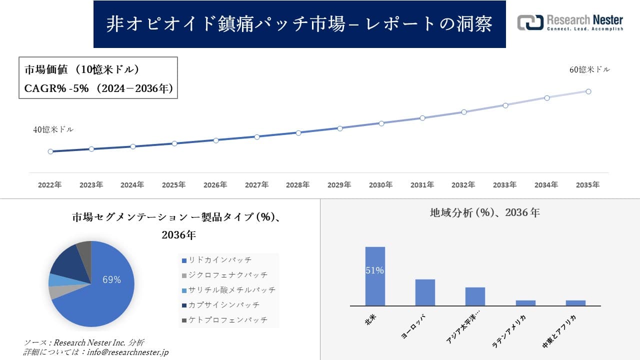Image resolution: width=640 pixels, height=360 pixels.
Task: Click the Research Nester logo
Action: tap(570, 22)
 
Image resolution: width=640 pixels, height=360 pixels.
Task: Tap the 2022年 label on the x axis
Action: tap(50, 185)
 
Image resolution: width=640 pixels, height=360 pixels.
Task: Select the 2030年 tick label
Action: tap(381, 185)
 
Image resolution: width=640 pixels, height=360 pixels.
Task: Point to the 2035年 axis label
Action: tap(587, 185)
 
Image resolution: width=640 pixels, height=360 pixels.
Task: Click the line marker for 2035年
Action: tap(588, 91)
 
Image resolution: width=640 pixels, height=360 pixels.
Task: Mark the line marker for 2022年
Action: tap(50, 151)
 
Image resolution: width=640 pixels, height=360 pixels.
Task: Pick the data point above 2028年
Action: tap(298, 133)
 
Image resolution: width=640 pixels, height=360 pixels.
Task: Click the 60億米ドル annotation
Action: tap(589, 70)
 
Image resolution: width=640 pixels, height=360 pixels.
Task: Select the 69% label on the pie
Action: tap(111, 280)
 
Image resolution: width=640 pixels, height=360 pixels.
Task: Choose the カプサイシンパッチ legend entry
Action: tap(224, 305)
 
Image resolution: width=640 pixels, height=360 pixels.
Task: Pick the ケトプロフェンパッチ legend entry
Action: tap(227, 320)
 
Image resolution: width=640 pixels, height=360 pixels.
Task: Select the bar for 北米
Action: tap(375, 276)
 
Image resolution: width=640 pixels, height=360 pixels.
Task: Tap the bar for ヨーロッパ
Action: tap(425, 292)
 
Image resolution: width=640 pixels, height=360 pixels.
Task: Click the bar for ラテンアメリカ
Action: tap(525, 303)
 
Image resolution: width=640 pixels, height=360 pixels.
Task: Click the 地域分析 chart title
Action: tap(484, 213)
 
